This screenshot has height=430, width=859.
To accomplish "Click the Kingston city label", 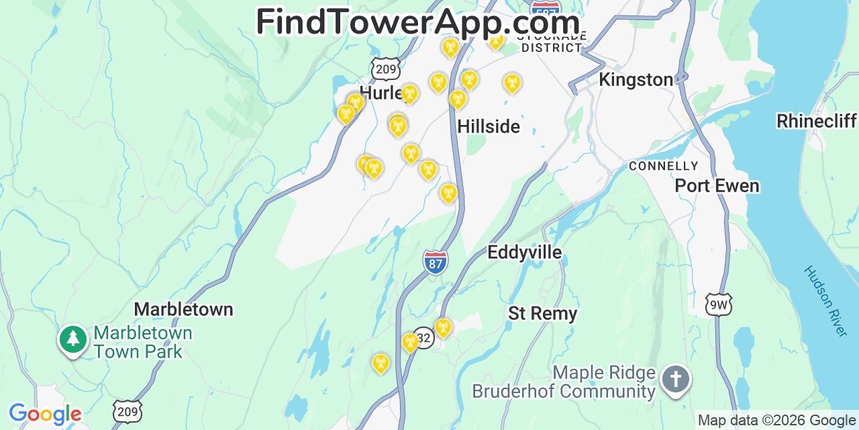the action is pos(636,80).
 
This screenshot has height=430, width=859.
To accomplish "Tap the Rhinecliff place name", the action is pos(816,121).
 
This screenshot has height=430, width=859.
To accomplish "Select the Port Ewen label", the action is pos(717,185).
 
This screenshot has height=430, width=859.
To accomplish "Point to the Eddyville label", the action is pos(524,252).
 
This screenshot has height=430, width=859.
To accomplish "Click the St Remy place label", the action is pos(542,313).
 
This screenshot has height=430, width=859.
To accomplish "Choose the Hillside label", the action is pos(489,126).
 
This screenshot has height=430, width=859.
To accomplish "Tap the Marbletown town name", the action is pos(183,309).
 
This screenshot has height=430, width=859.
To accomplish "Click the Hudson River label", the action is pos(825,300).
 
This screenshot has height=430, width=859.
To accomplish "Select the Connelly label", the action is pos(663,166).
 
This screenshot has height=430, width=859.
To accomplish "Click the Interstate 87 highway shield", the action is pos(436,262).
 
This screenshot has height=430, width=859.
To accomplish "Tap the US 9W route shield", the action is pos(717,306).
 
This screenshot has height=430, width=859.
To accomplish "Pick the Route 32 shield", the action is pos(423,338).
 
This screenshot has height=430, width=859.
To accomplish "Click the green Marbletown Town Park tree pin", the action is pos(73,339).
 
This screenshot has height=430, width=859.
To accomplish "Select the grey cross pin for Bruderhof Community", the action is pos(675,379).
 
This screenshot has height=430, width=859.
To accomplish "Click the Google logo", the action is pos(44,414).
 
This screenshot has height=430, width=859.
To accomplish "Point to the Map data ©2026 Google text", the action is pos(777,421).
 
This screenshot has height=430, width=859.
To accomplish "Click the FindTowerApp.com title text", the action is pos(417,23).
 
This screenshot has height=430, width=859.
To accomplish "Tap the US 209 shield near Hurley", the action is pos(386,69).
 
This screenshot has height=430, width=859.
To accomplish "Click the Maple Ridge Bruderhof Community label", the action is pos(564,382).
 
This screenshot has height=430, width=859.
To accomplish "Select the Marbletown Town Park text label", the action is pos(142,342).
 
